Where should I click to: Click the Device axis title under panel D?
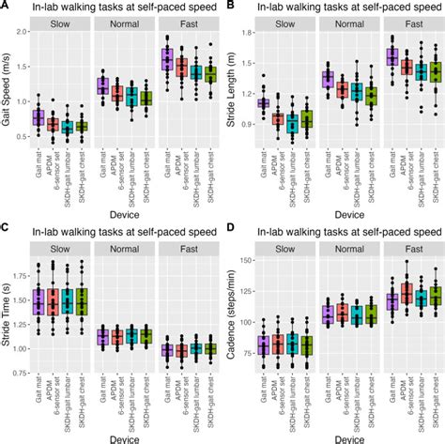[342, 436]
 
